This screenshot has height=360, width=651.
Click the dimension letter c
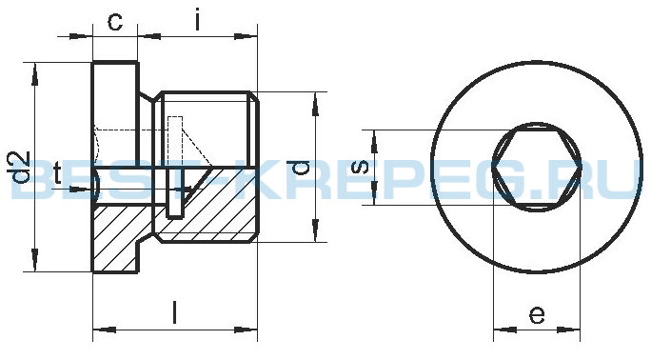[x=115, y=22]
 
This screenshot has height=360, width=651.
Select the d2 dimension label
[x=20, y=167]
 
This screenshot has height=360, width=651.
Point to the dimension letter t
[x=57, y=173]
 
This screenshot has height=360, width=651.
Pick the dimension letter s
[x=360, y=167]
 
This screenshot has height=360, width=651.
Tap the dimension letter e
[x=537, y=315]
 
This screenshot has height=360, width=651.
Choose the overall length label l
[x=175, y=312]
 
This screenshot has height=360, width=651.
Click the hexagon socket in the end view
[x=537, y=168]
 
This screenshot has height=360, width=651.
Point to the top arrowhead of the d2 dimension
[x=35, y=74]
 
